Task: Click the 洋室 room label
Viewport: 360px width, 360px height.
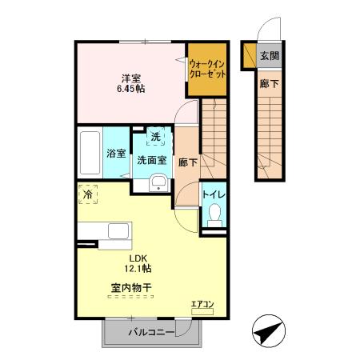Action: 132,78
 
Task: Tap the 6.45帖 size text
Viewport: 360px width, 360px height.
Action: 132,90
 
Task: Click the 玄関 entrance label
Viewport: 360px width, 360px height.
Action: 270,56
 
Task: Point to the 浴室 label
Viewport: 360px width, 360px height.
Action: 116,154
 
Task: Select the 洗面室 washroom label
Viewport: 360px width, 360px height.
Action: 151,159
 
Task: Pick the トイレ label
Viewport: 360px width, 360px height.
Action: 214,193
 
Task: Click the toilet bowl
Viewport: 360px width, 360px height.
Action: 214,214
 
